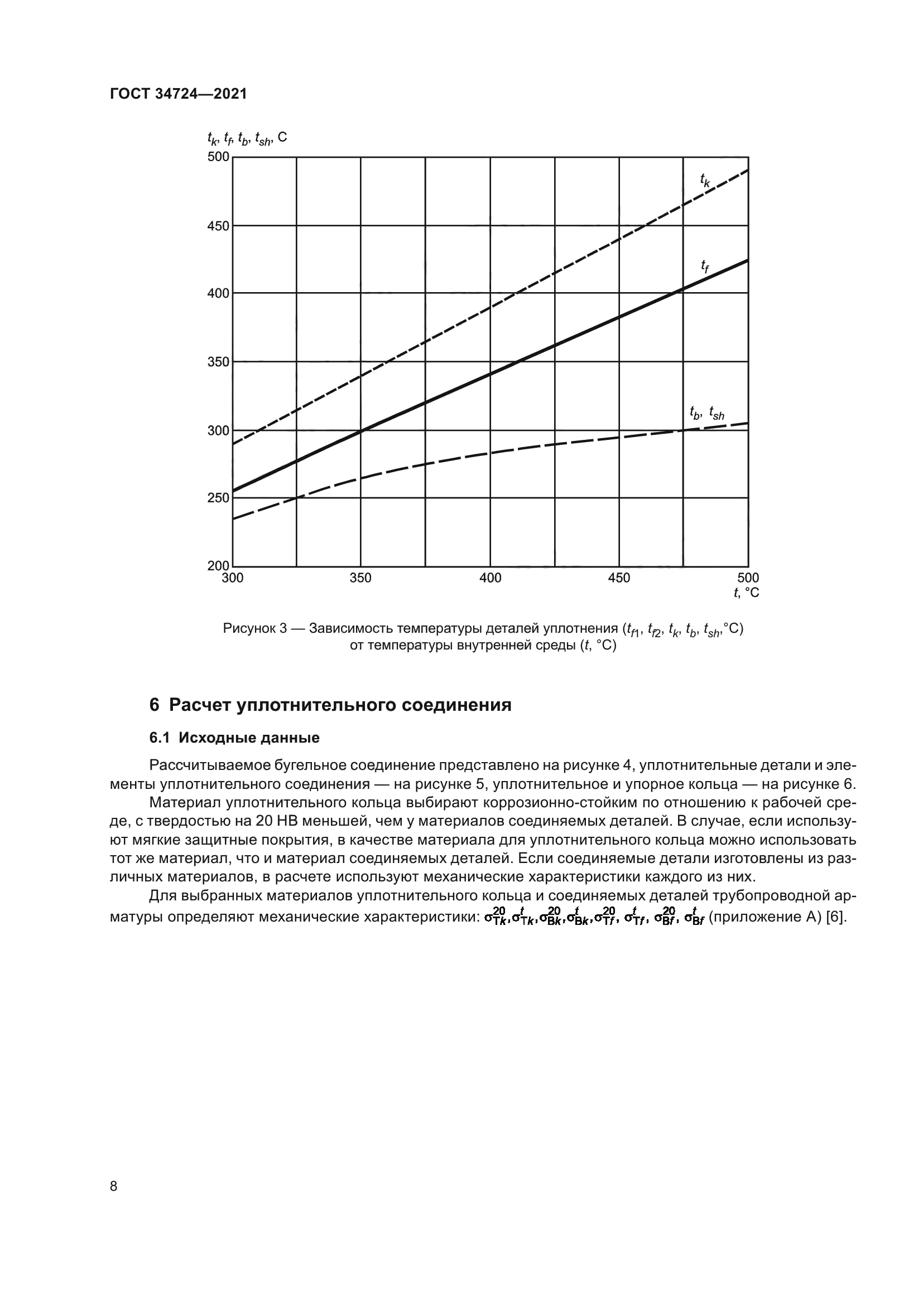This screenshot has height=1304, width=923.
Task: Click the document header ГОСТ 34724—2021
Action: [x=179, y=94]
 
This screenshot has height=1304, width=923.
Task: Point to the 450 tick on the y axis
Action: [x=218, y=226]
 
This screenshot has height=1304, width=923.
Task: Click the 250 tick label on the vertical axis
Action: [x=218, y=498]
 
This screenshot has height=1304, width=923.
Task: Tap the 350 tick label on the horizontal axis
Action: [x=360, y=578]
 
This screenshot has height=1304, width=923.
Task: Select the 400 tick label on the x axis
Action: [x=490, y=578]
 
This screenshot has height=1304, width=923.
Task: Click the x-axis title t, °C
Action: [x=746, y=593]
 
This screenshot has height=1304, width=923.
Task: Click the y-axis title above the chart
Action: [x=247, y=138]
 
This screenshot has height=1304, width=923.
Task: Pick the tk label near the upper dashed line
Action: [x=705, y=181]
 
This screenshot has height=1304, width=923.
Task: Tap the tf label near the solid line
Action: [x=705, y=266]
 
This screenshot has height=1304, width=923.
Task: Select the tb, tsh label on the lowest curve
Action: [x=706, y=414]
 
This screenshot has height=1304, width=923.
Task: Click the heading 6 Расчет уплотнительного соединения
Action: [x=330, y=705]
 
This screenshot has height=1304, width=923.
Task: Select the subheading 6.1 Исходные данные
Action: [x=234, y=738]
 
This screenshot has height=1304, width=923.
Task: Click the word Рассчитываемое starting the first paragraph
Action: [x=209, y=765]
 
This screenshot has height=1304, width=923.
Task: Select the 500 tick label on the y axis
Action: [x=218, y=157]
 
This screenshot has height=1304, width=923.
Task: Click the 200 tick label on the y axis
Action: [x=218, y=566]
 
